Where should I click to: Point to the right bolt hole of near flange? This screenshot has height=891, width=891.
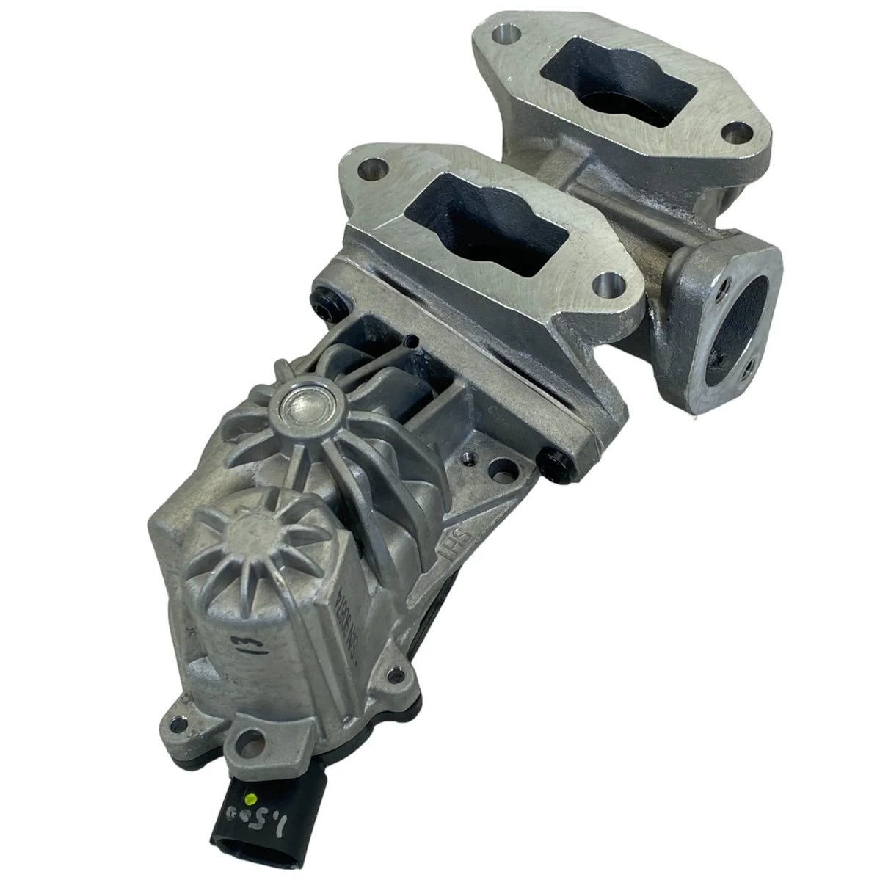click(x=608, y=283)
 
